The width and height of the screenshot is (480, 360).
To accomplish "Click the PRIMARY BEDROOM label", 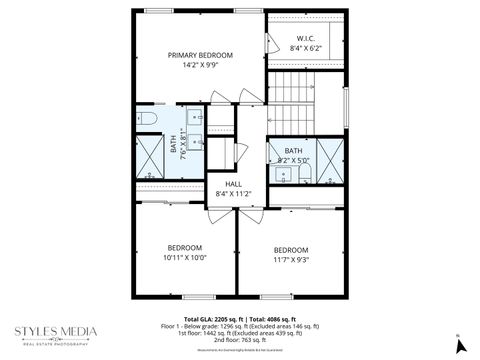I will click(x=200, y=55).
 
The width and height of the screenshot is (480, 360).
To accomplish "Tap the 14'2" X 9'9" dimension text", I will click(x=200, y=66).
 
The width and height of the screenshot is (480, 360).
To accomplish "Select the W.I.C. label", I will click(x=306, y=37).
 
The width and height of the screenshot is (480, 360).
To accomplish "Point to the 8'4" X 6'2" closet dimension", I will click(x=306, y=48).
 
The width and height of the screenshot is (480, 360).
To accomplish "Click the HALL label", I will click(x=233, y=184).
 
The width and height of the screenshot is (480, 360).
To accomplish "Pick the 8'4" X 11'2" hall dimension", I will click(x=233, y=194).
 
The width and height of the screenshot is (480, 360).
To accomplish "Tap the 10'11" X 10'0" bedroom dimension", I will click(x=185, y=257).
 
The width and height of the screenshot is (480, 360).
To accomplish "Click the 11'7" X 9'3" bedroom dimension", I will click(x=291, y=259).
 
